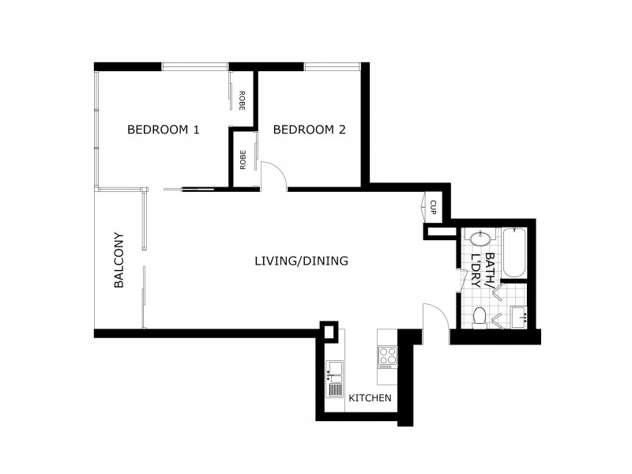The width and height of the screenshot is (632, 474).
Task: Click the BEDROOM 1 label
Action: [163, 130]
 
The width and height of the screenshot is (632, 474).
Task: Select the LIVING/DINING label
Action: [301, 261]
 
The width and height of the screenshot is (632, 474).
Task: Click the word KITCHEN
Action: [370, 398]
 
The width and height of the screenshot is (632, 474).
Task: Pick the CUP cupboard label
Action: [433, 207]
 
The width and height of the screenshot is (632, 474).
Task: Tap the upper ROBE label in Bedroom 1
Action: [242, 100]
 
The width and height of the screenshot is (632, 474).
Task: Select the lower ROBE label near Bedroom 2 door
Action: [242, 160]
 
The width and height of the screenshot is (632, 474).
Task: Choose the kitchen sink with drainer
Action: [335, 373]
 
